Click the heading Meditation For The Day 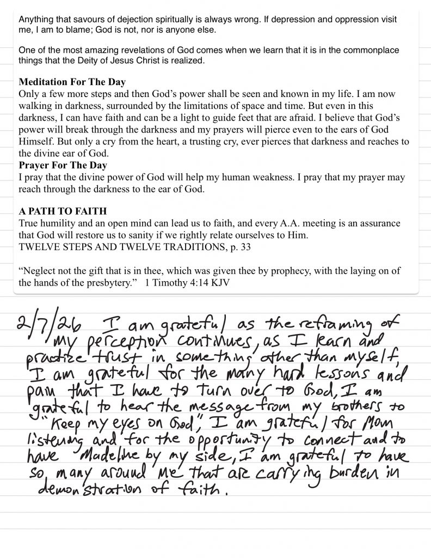pos(72,82)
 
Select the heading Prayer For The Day pos(63,165)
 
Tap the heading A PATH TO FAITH pos(63,211)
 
